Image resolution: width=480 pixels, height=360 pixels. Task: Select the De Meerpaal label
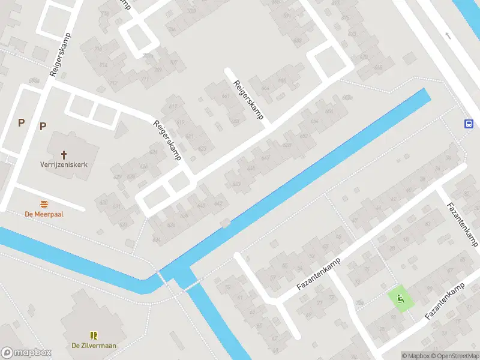coord(44,214)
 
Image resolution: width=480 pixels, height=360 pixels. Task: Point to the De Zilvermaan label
coord(93,345)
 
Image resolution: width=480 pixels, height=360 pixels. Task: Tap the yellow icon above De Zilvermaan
coord(93,335)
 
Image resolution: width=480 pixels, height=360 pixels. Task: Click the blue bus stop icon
coord(469,124)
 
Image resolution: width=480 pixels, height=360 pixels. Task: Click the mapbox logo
coord(26,353)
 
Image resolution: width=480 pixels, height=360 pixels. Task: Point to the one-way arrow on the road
coord(448,35)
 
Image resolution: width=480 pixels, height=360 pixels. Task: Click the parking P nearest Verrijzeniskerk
coord(43,126)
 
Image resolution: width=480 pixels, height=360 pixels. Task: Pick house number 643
coord(236,184)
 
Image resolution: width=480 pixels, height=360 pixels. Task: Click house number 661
coord(226,96)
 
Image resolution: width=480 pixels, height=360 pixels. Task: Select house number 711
coord(145,79)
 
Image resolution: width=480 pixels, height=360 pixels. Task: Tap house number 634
coord(157,239)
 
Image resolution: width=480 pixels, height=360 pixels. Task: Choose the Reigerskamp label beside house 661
coord(248,100)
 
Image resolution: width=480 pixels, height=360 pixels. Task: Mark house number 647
coord(266,157)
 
